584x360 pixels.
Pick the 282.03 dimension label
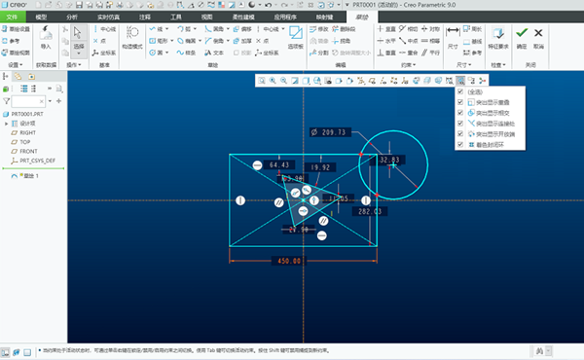370,210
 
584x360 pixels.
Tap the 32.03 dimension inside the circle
389,160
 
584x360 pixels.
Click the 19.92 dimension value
321,167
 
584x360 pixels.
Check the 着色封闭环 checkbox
459,145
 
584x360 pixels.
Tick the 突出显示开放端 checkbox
459,134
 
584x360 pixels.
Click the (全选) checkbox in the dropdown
459,91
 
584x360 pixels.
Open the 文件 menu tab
12,18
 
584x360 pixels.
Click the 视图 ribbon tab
206,18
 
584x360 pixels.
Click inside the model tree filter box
27,100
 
